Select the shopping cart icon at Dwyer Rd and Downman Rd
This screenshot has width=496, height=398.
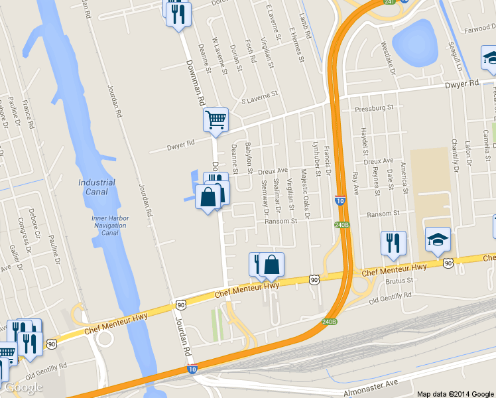pos(216,121)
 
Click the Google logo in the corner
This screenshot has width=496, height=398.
pos(23,387)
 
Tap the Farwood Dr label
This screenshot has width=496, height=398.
pos(479,29)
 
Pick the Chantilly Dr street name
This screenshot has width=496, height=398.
pos(455,154)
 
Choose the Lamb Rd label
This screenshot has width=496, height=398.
pos(304,29)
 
